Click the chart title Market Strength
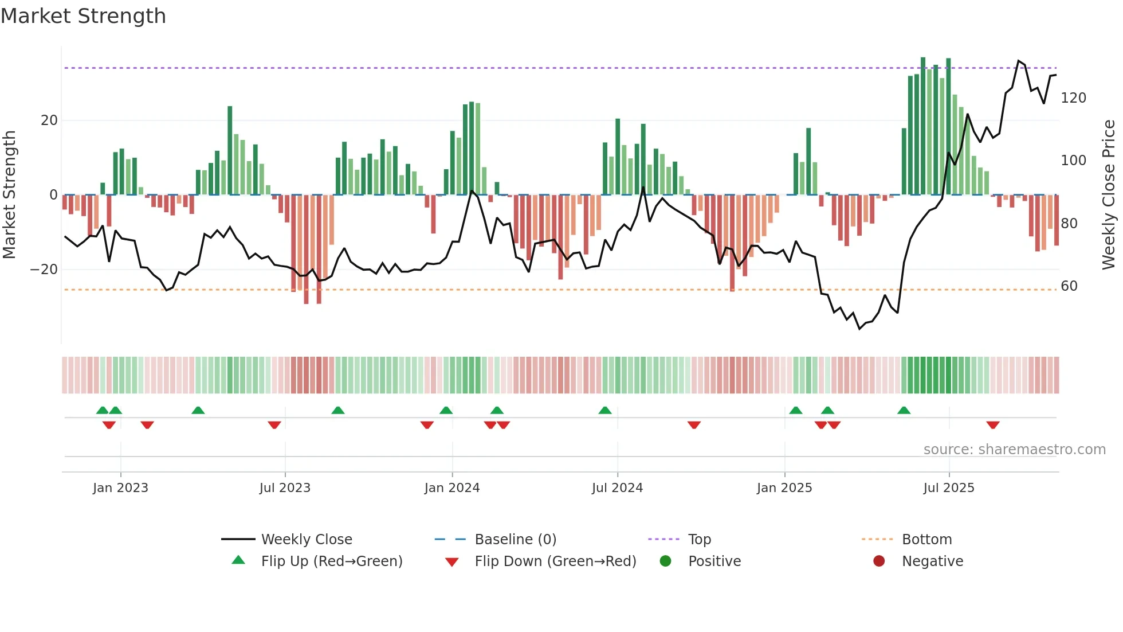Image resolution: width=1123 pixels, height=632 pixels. click(83, 16)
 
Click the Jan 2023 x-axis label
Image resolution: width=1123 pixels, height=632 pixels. click(120, 488)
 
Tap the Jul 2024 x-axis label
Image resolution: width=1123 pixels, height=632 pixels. click(617, 488)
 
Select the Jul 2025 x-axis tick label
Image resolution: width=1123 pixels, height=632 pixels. click(948, 488)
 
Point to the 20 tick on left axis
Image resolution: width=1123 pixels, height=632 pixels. click(49, 120)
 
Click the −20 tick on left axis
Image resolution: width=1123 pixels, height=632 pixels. click(44, 270)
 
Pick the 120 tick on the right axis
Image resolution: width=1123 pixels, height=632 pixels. click(1073, 98)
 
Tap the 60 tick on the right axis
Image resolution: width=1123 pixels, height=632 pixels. click(1069, 286)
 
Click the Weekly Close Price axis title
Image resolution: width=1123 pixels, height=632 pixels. click(1109, 195)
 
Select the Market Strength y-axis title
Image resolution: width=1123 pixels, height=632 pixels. click(9, 195)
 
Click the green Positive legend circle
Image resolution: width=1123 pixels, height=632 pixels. click(665, 561)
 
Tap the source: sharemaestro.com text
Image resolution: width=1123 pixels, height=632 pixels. click(1014, 450)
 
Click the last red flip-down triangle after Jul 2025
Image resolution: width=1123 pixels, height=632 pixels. click(993, 425)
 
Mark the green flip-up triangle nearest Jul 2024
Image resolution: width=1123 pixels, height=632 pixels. click(605, 410)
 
